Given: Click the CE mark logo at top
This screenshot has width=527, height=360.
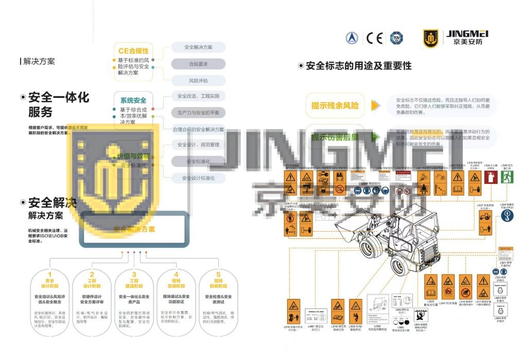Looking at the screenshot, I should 374,38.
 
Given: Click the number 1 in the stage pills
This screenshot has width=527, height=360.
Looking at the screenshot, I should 50,275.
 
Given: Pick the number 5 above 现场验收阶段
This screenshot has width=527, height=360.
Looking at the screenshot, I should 218,275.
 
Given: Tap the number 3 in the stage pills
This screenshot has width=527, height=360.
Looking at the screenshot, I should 134,275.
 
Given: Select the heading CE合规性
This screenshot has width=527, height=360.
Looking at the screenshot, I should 133,51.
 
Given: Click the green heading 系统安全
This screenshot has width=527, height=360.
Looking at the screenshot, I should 133,100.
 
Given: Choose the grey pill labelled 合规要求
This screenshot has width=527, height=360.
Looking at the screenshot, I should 198,64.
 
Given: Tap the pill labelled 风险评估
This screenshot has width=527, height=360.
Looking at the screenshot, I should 198,81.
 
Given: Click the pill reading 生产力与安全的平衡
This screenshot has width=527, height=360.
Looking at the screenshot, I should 198,113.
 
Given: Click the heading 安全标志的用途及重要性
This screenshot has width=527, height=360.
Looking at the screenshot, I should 358,66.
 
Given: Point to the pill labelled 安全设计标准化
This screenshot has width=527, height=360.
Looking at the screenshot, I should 198,178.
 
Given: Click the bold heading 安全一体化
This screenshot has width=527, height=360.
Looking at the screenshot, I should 58,98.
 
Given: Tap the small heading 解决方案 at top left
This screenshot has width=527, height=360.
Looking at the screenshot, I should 39,61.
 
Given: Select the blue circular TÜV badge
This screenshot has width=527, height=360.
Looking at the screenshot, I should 396,38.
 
